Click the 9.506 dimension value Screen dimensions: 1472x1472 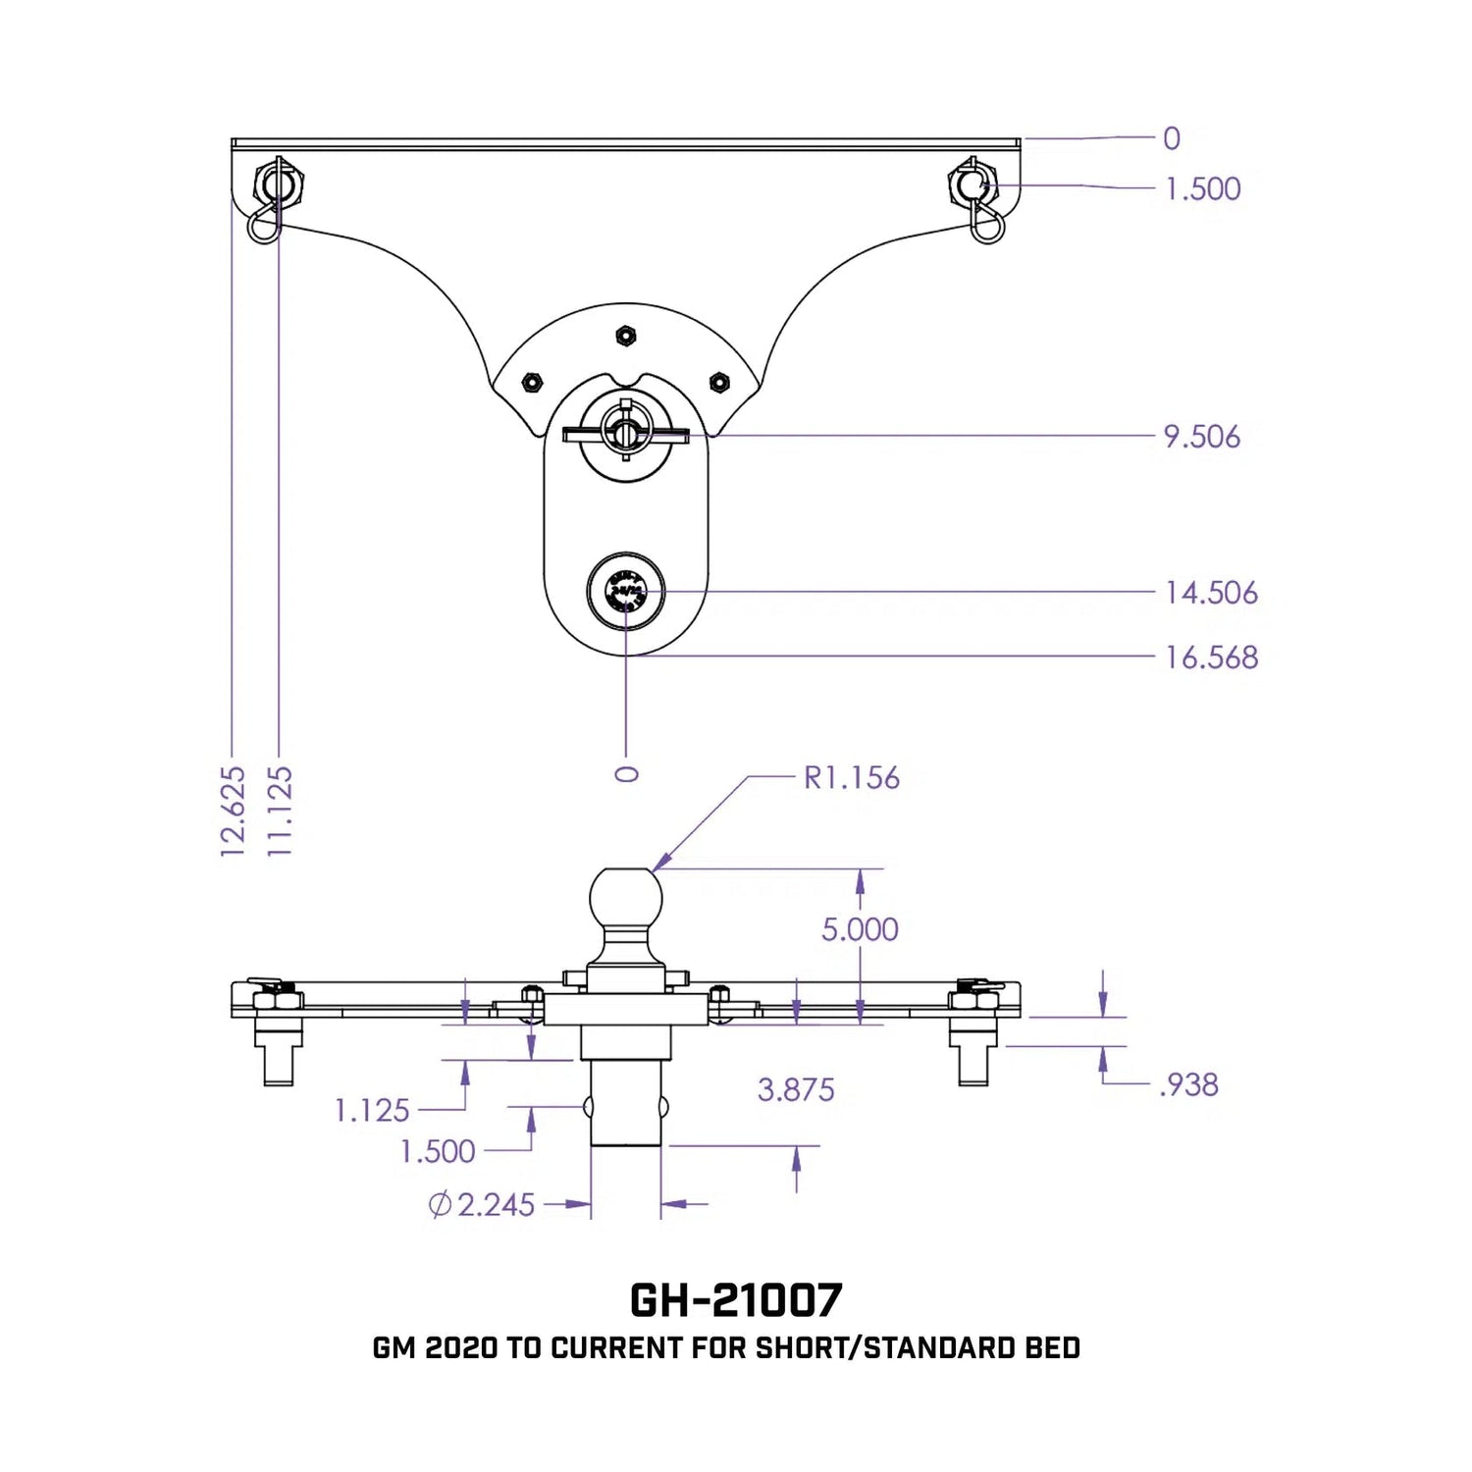[x=1201, y=437]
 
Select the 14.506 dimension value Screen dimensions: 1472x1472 [x=1211, y=593]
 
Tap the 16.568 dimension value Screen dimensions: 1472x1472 [x=1211, y=657]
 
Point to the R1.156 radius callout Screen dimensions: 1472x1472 [x=851, y=778]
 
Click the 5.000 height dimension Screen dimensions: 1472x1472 [x=860, y=929]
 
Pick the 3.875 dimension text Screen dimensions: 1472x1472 [x=796, y=1089]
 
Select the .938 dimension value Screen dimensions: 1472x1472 [x=1188, y=1084]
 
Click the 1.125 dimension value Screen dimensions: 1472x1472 [x=372, y=1111]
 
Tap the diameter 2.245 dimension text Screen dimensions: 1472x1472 [x=483, y=1204]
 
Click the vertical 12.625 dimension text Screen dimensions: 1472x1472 [x=233, y=812]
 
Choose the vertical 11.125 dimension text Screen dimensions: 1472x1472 [x=280, y=812]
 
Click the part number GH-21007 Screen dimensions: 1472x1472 [x=735, y=1300]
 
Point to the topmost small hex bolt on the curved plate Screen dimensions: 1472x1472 [x=624, y=336]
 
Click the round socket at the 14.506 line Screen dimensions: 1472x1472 [x=626, y=593]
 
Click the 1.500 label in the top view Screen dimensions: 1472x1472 [x=1202, y=188]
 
